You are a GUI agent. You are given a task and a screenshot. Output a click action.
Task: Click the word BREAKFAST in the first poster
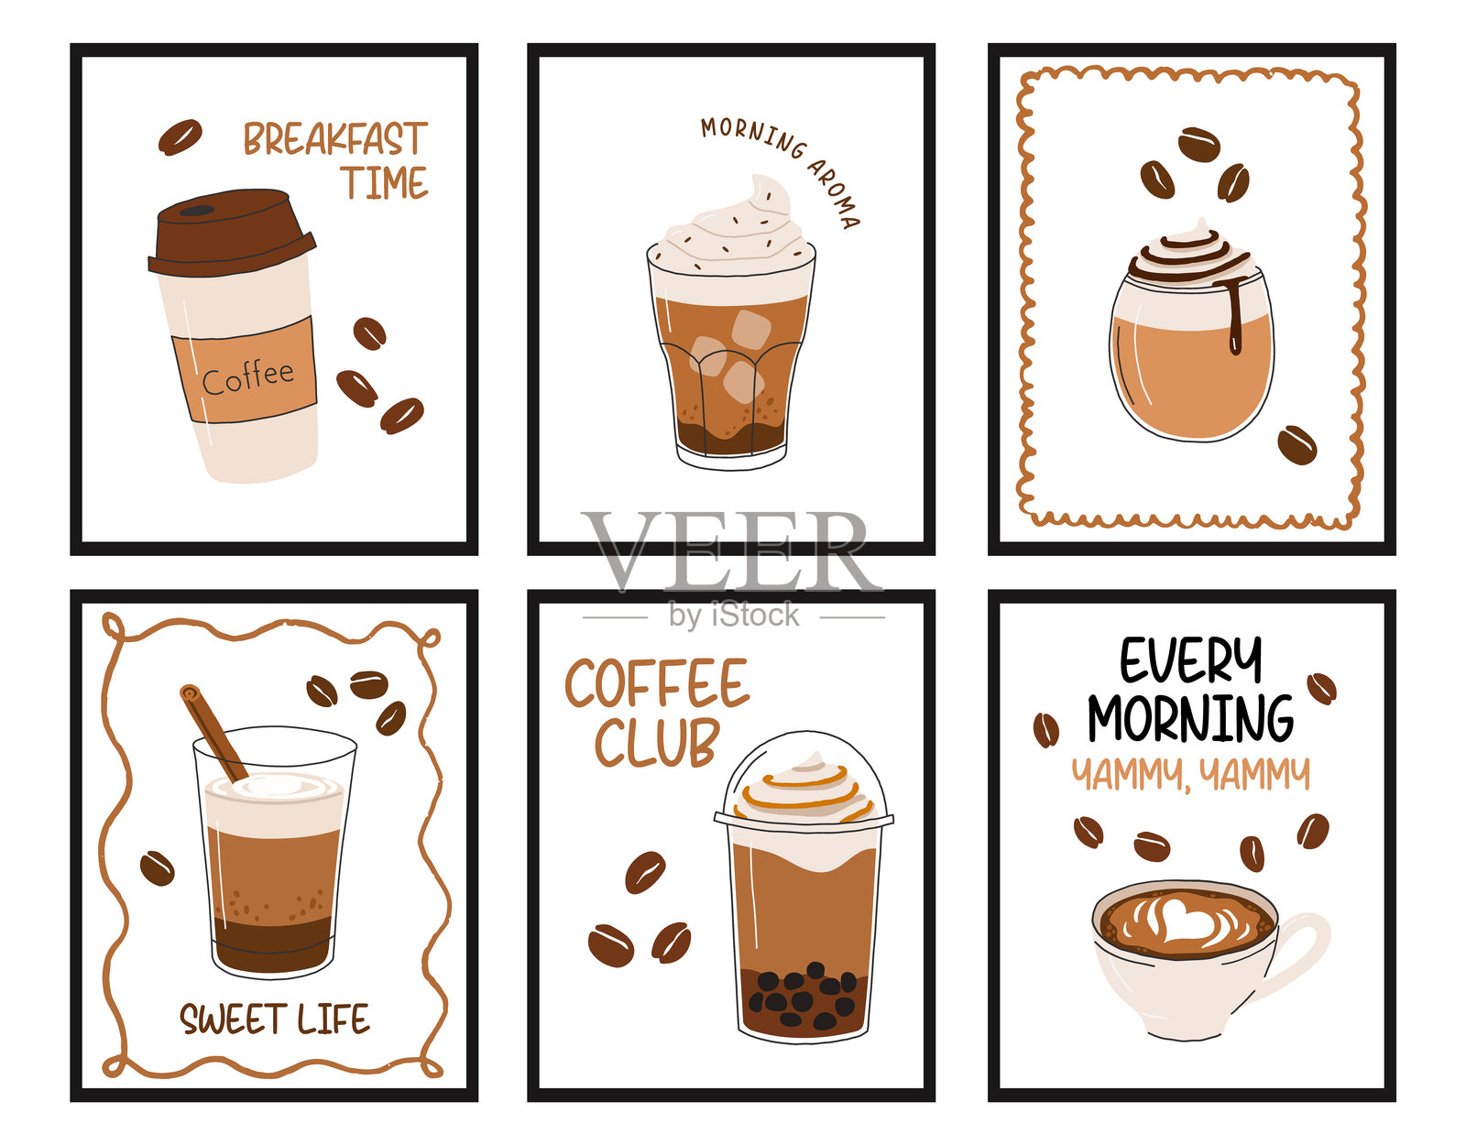tap(335, 138)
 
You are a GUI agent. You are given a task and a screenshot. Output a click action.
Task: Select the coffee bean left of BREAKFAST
tap(181, 136)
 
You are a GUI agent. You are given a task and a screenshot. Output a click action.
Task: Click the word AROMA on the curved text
tap(835, 193)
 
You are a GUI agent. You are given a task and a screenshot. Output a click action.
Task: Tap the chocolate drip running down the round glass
tap(1233, 313)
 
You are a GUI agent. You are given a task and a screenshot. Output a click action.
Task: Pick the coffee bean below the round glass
tap(1296, 444)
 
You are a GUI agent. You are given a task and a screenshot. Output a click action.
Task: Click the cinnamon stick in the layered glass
tap(213, 732)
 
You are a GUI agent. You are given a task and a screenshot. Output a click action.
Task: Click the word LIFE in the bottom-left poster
tap(334, 1019)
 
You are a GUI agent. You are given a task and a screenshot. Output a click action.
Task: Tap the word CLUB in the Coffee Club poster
tap(656, 743)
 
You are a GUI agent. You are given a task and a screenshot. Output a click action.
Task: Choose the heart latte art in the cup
tap(1183, 919)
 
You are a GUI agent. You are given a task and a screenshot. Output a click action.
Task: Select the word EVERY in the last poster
tap(1190, 660)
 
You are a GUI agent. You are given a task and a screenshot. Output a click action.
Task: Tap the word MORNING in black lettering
tap(1191, 718)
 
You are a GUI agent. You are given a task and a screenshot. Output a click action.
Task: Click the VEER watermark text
tap(732, 551)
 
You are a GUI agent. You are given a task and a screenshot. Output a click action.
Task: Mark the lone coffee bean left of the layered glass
tap(157, 867)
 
